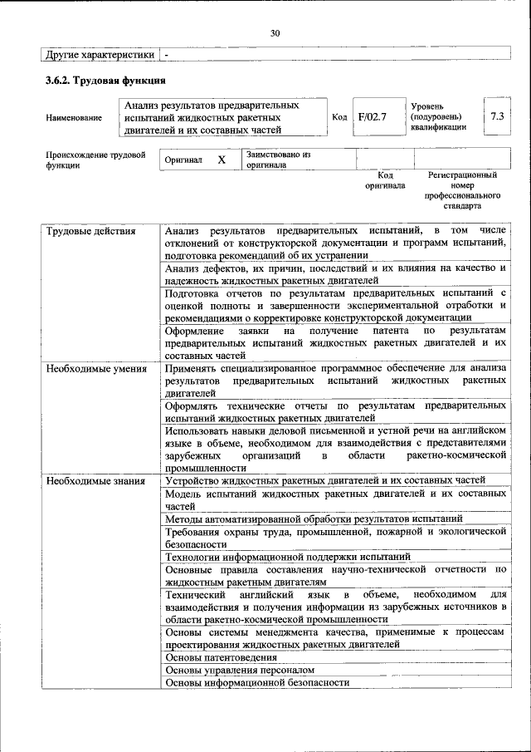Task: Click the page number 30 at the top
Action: point(275,33)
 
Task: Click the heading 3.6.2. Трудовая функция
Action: point(106,81)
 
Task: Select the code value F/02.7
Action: point(373,117)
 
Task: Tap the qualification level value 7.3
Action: point(497,117)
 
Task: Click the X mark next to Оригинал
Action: point(222,160)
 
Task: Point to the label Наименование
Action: point(74,118)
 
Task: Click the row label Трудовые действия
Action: point(90,230)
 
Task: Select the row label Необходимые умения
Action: point(96,368)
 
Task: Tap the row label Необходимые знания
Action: point(95,480)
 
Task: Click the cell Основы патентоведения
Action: point(220,657)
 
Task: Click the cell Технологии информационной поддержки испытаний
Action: point(287,557)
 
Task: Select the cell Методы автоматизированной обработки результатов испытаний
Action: point(314,519)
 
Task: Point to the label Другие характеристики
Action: point(100,54)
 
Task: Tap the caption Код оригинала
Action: point(385,180)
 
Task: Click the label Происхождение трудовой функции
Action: point(95,160)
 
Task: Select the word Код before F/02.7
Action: point(339,117)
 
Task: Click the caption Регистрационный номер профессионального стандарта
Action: point(462,190)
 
